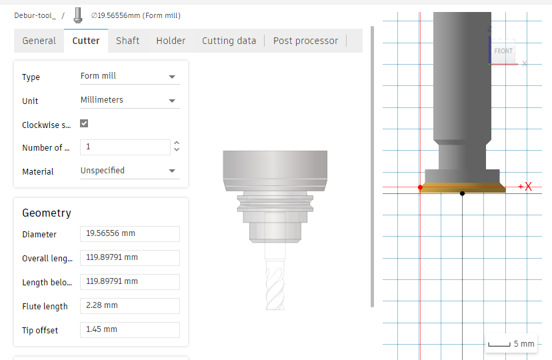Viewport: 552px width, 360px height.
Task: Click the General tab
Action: [x=39, y=41]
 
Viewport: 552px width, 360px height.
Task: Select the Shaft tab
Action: [x=127, y=41]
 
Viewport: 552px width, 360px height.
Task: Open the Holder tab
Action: [x=171, y=41]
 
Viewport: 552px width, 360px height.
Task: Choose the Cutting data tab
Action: [x=229, y=41]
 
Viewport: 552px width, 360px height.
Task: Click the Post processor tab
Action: [x=305, y=41]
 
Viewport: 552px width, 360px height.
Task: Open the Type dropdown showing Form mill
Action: [x=129, y=77]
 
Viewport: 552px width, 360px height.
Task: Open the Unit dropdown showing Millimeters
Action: [x=129, y=101]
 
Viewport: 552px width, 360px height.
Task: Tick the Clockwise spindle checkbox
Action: [x=84, y=124]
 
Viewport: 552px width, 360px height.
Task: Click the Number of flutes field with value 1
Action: [x=125, y=147]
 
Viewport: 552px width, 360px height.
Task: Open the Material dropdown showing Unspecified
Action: [x=129, y=171]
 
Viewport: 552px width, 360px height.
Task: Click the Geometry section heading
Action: [x=47, y=213]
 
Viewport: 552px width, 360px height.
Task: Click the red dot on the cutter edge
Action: [x=420, y=187]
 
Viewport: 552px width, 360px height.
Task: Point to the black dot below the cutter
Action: [x=462, y=193]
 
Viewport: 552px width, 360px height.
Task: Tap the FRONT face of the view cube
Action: [x=503, y=51]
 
